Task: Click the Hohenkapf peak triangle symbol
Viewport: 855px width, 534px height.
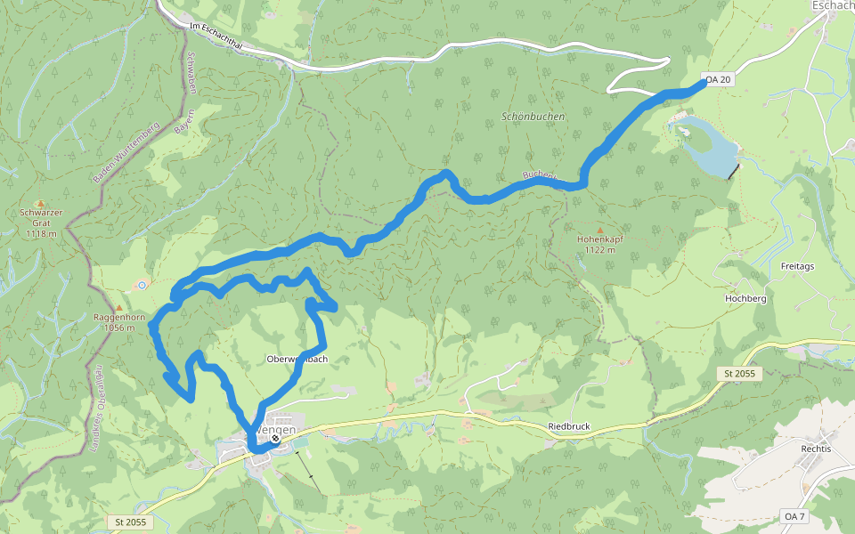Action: pos(598,231)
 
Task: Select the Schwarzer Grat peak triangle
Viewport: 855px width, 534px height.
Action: pos(40,203)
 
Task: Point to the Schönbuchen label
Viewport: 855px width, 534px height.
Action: pos(533,116)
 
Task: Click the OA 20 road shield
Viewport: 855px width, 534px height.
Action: pos(718,80)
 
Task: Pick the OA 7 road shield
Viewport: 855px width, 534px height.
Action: pos(794,516)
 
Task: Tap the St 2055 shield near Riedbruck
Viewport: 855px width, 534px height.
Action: pos(739,374)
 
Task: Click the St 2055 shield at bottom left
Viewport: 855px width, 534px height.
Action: pos(130,522)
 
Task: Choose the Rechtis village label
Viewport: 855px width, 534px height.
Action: pos(816,449)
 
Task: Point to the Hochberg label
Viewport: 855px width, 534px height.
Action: pos(745,299)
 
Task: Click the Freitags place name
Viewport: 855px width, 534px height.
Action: pos(798,265)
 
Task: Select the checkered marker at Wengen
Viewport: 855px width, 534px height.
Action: pos(276,438)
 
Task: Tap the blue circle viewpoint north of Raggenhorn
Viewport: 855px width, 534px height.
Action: pos(142,285)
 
